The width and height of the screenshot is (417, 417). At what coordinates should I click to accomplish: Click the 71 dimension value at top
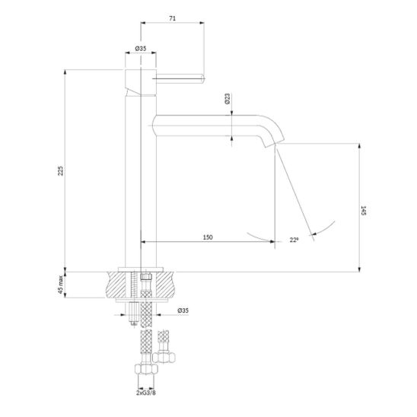pyautogui.click(x=172, y=18)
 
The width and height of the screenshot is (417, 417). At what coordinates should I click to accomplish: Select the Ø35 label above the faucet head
pyautogui.click(x=141, y=49)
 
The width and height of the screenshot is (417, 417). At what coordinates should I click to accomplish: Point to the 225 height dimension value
pyautogui.click(x=61, y=170)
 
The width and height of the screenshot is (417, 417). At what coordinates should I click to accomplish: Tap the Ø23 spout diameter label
pyautogui.click(x=228, y=99)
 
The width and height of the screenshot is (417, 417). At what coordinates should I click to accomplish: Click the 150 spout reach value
pyautogui.click(x=208, y=237)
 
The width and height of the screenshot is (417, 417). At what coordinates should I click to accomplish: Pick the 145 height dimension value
pyautogui.click(x=364, y=210)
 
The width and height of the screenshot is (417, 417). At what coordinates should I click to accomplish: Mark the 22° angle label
pyautogui.click(x=294, y=240)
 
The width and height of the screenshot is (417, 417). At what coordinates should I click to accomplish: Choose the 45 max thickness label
pyautogui.click(x=61, y=285)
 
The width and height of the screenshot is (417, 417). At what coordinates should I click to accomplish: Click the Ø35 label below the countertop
pyautogui.click(x=183, y=310)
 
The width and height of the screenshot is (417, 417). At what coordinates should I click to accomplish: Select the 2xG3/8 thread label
pyautogui.click(x=146, y=393)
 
